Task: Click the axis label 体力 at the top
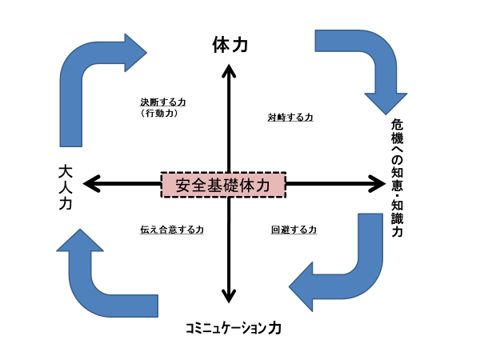pyautogui.click(x=230, y=45)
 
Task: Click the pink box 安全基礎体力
pyautogui.click(x=223, y=185)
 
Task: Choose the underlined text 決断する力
pyautogui.click(x=162, y=102)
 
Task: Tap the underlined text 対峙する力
pyautogui.click(x=290, y=118)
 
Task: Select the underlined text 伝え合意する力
pyautogui.click(x=172, y=230)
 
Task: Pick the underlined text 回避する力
pyautogui.click(x=294, y=230)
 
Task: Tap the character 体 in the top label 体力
pyautogui.click(x=221, y=45)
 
